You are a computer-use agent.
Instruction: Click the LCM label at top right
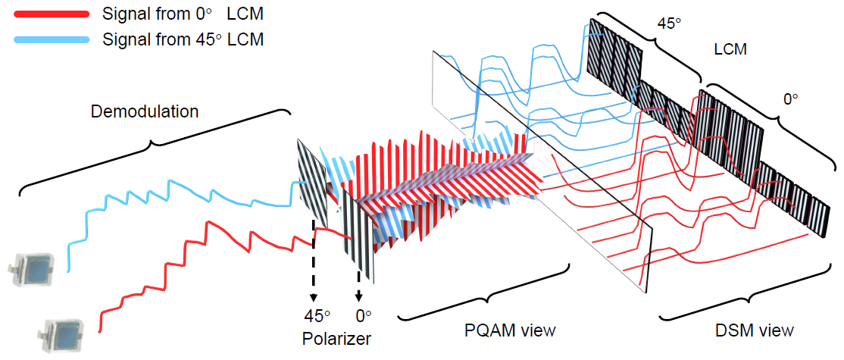pyautogui.click(x=730, y=51)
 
